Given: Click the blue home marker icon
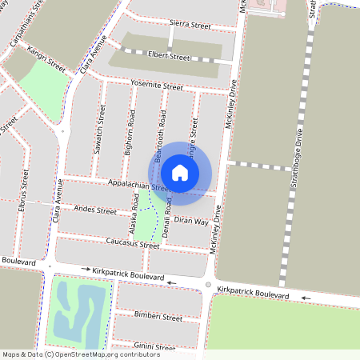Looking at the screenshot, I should coord(180,172).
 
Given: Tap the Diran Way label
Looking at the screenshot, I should coord(190,220).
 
